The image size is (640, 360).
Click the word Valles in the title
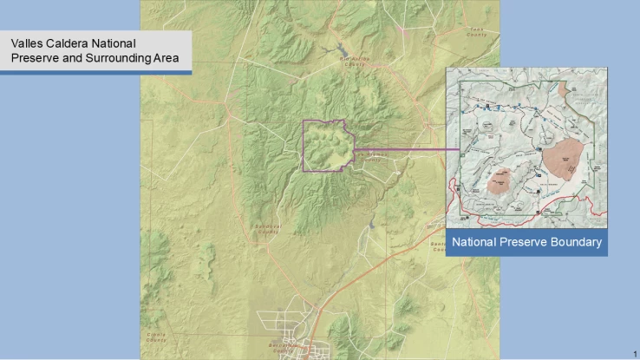27,43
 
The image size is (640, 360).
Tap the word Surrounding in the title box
116,58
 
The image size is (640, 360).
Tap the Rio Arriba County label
354,61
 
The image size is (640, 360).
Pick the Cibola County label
156,334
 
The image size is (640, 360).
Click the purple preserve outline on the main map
303,143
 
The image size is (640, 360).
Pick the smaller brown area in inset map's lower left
500,180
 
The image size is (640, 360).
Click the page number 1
634,353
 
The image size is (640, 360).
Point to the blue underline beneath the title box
95,72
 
